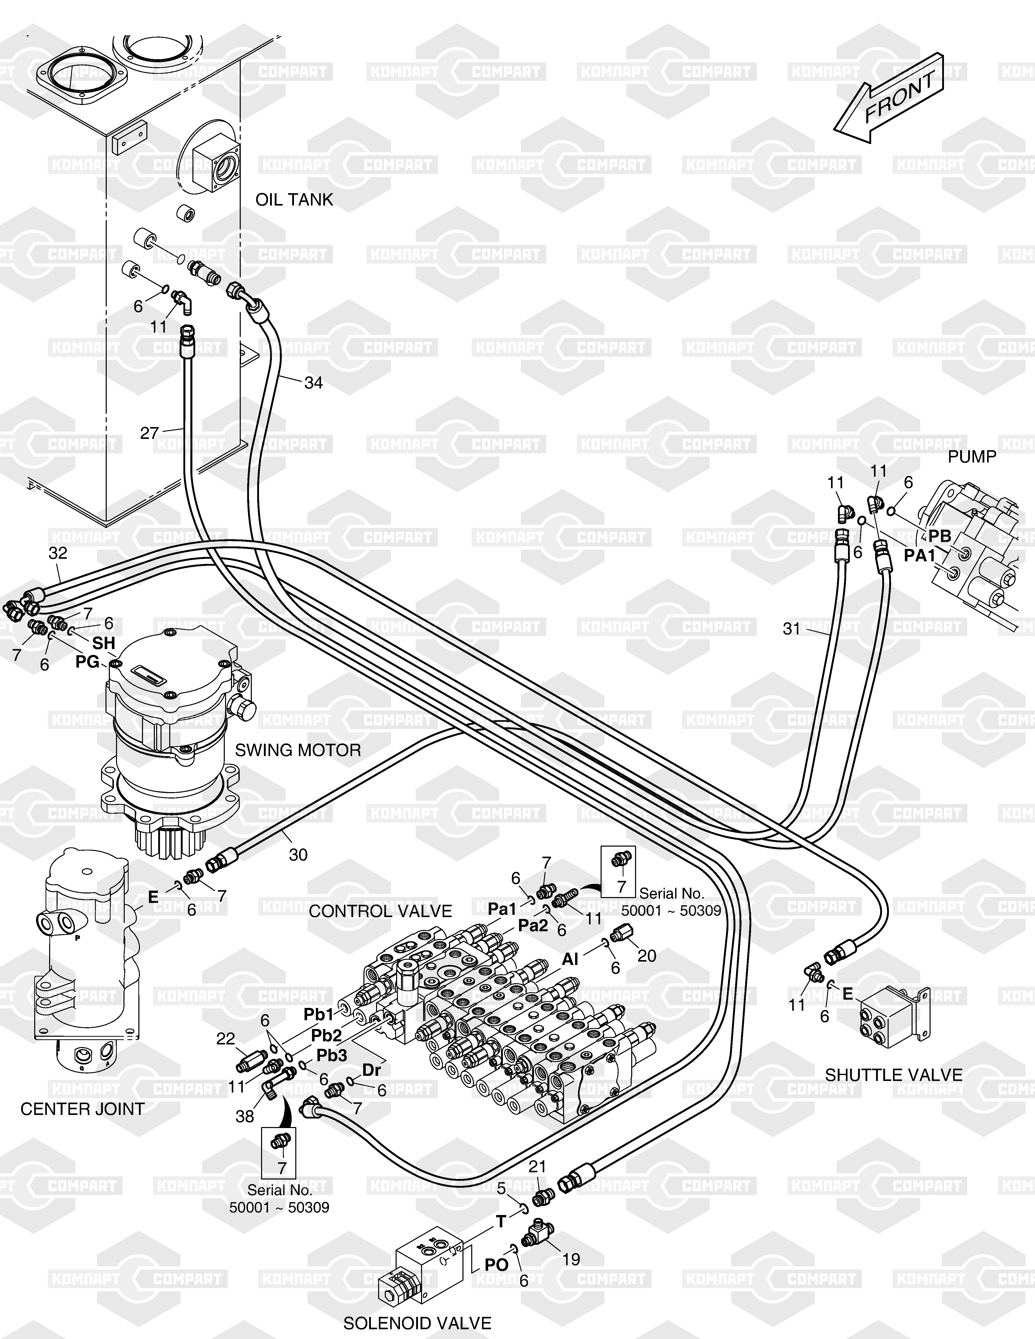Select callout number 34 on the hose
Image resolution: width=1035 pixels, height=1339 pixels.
(313, 383)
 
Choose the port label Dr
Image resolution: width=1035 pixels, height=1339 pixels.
(372, 1070)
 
